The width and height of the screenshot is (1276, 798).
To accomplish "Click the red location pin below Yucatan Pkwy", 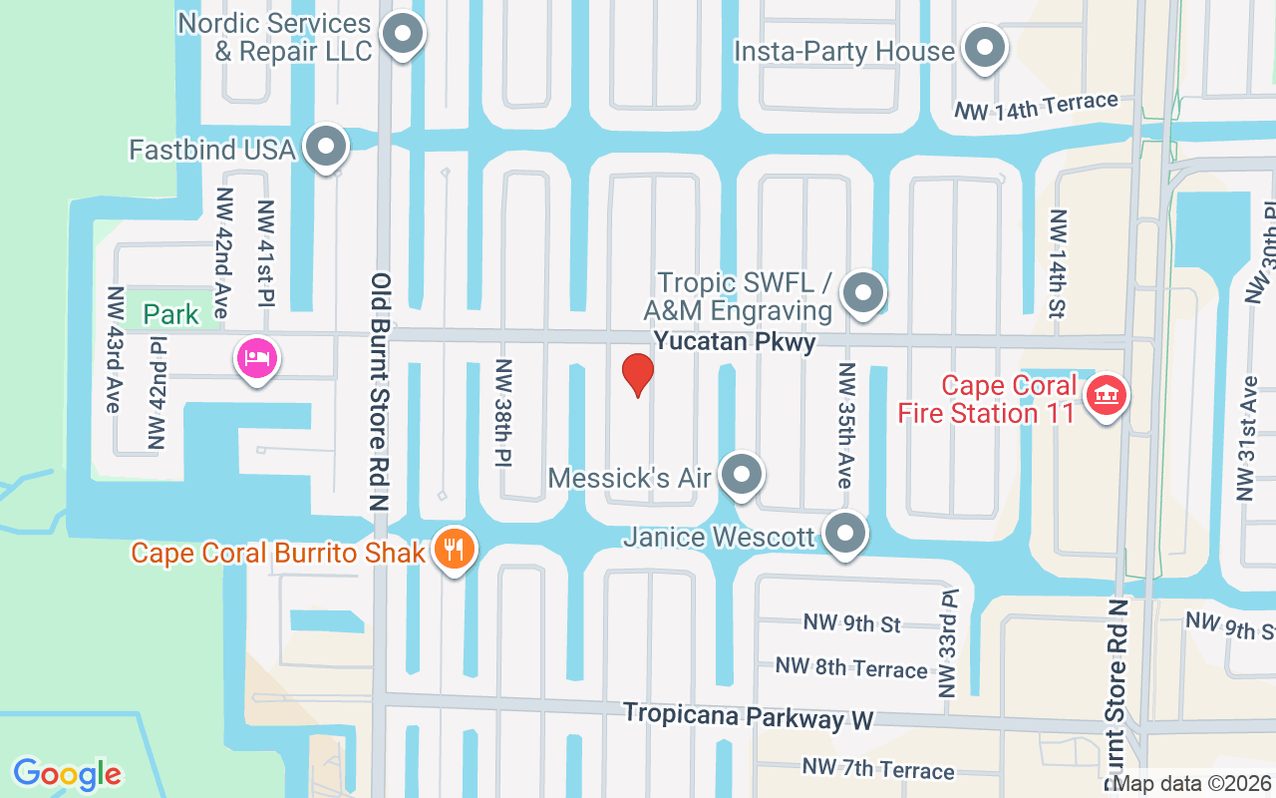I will pos(638,374).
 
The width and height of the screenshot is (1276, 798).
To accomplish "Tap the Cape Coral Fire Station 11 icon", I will pos(1106,396).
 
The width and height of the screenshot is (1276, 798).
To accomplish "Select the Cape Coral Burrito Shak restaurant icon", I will pos(455,550).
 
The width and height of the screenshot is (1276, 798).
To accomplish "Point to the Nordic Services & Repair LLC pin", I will pos(403,35).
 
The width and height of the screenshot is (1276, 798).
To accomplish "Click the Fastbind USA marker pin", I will pos(325,149).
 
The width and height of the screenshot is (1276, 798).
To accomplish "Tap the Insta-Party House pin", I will pos(986,48).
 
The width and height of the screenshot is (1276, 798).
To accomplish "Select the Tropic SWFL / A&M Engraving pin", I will pos(863,294).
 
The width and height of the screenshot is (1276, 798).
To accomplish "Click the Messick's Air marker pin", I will pos(741,476).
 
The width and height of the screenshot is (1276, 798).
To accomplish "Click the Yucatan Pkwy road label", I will pos(735,342).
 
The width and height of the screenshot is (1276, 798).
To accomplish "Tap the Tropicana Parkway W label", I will pos(748,716).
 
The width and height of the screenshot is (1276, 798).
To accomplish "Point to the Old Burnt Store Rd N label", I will pos(380,392).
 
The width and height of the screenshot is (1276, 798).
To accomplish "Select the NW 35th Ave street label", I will pos(846,425).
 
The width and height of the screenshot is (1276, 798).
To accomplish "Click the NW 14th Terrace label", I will pos(1037,107).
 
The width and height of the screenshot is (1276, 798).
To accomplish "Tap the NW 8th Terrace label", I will pos(851,667).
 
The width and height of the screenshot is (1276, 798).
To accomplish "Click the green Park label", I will pos(170,315).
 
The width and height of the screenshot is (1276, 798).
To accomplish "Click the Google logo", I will pos(67,774).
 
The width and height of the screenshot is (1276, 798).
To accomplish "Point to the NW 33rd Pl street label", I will pos(946,642).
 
